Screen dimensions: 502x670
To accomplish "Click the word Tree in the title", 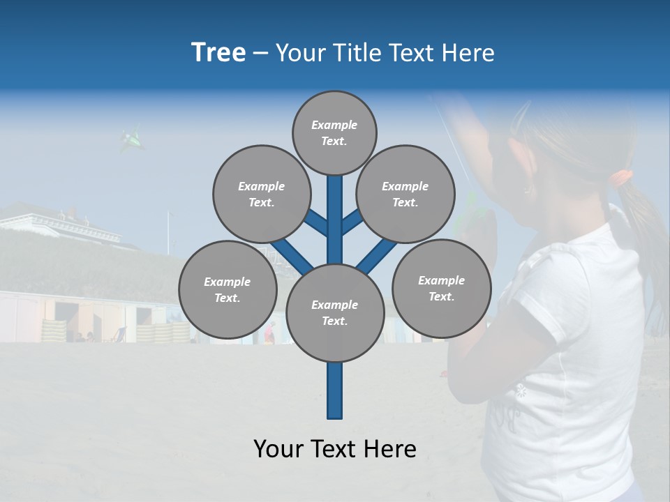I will [x=218, y=53].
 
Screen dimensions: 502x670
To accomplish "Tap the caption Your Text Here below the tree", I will [x=334, y=449].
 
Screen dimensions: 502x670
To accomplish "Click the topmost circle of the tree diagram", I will [x=334, y=132].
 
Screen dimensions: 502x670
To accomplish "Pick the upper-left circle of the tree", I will [x=261, y=194].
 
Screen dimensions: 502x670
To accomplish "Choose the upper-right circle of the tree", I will [x=405, y=194].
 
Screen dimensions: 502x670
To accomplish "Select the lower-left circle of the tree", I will [x=227, y=289].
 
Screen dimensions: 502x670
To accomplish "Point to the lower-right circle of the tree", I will [x=441, y=288].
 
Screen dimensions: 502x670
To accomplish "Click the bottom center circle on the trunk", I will [x=334, y=312].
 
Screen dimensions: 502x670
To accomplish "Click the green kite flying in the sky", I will [x=131, y=140].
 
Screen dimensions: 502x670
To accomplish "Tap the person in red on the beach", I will [x=270, y=333].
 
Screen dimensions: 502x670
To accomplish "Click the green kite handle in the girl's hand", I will [x=470, y=209].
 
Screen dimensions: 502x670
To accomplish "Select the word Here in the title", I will [x=471, y=53].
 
